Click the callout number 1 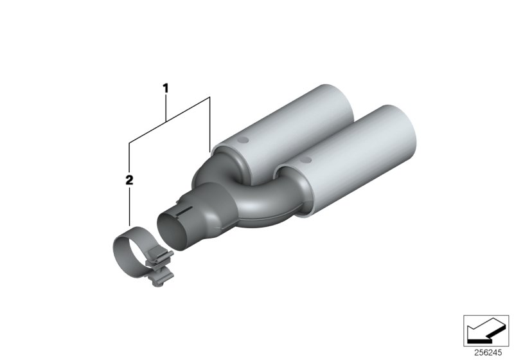[166, 87]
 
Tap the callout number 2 [129, 180]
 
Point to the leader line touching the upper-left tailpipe [210, 125]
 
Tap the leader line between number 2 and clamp [129, 206]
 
